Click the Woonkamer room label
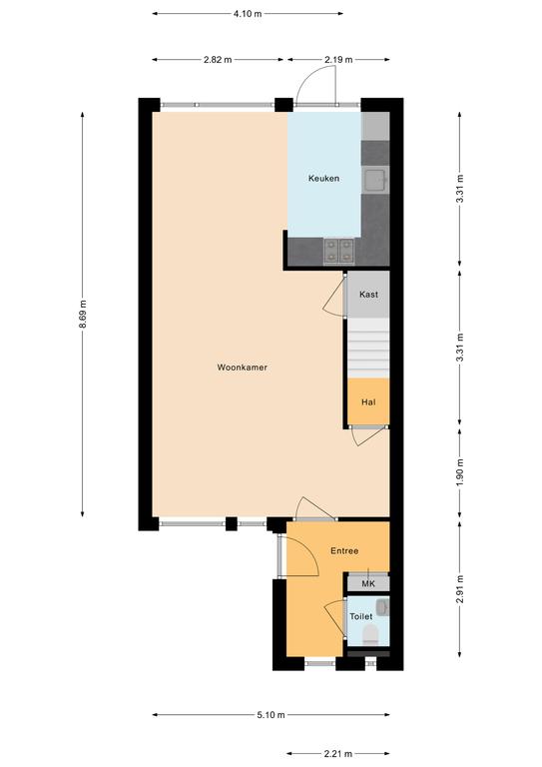coord(242,367)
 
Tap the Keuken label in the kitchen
coord(323,178)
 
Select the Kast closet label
coord(368,294)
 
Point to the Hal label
coord(368,402)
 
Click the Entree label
coord(344,551)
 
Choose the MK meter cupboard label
coord(368,584)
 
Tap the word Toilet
coord(360,617)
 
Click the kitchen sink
coord(375,180)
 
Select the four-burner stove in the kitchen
coord(338,251)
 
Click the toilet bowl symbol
coord(371,635)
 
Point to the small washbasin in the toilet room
coord(382,607)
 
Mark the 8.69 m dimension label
coord(83,314)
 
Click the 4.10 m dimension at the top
coord(248,14)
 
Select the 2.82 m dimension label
coord(218,60)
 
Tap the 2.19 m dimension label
coord(338,60)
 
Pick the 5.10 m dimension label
coord(271,715)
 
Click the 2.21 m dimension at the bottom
coord(337,753)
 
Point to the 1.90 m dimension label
coord(459,472)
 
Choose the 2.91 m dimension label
coord(459,589)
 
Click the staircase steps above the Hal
coord(368,349)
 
